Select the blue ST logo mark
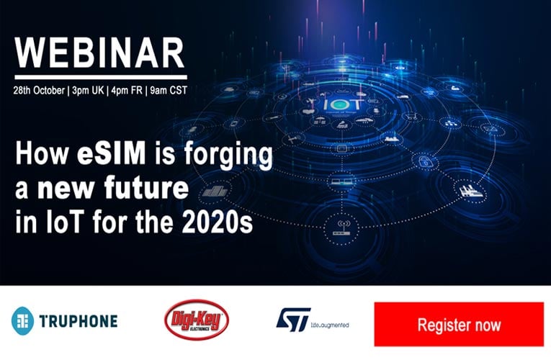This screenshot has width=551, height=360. click(x=293, y=320)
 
